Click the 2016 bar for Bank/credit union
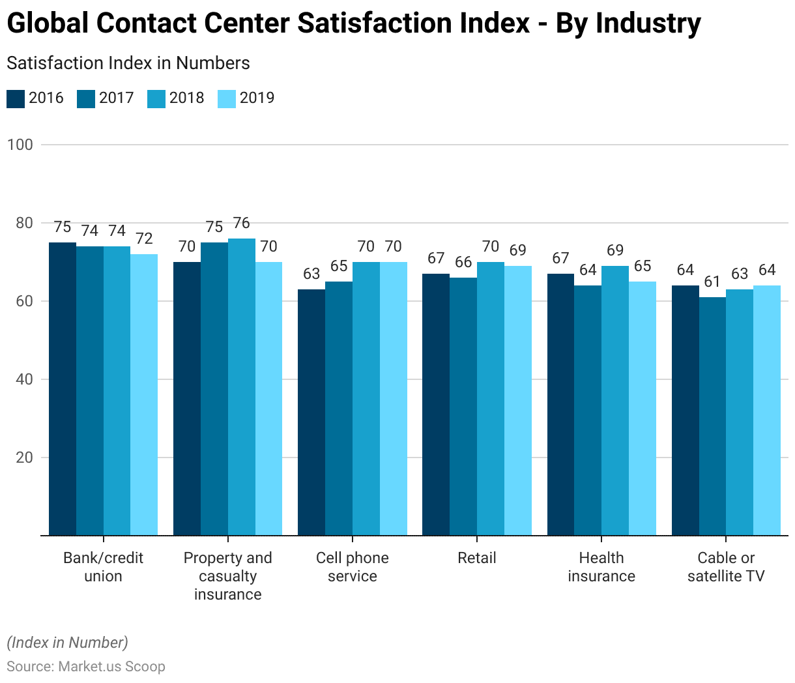[x=63, y=388]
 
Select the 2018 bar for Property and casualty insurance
[x=241, y=386]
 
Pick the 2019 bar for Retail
[x=517, y=400]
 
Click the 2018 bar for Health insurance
[x=614, y=400]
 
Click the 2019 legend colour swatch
[x=227, y=98]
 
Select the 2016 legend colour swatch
[x=16, y=98]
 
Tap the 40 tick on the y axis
[x=23, y=379]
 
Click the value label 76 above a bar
[x=241, y=223]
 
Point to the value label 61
[x=712, y=282]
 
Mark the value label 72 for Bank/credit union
[x=144, y=239]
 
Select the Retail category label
[x=476, y=558]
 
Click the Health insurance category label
[x=601, y=567]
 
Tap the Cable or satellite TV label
[x=725, y=567]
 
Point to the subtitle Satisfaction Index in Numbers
[x=128, y=63]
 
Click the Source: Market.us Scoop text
[x=86, y=666]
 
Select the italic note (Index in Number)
[x=68, y=643]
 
